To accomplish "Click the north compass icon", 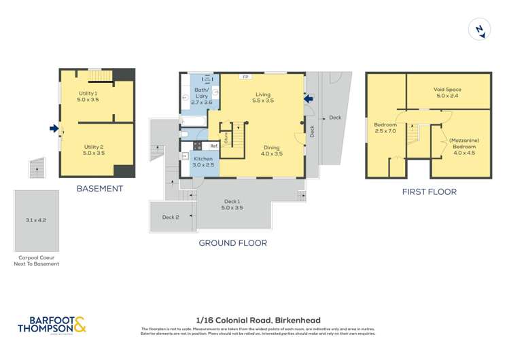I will click(480, 30).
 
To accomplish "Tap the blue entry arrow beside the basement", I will click(54, 128).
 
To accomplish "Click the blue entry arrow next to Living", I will click(309, 99).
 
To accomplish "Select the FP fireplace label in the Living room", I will click(243, 77).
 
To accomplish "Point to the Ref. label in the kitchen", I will click(213, 145).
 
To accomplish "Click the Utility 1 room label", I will click(88, 96).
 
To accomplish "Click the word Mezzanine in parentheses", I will click(464, 140).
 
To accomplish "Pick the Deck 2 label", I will click(170, 217).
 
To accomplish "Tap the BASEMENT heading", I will click(99, 189).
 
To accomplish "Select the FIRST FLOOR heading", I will click(429, 192).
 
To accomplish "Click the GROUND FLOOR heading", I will click(232, 242).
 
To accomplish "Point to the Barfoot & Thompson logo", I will click(52, 325).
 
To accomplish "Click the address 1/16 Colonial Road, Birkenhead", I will click(258, 320).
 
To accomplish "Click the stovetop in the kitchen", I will click(197, 145).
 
